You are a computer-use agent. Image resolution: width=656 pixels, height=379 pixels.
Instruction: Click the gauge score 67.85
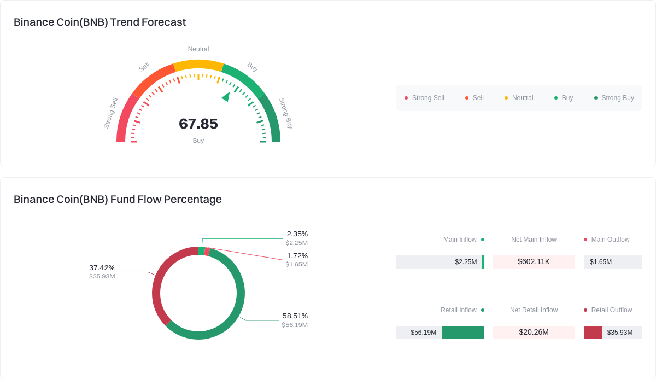[198, 124]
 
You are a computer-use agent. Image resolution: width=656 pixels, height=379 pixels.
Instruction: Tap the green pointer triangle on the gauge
[226, 97]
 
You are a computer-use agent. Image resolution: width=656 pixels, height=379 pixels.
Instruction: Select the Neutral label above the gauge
[198, 49]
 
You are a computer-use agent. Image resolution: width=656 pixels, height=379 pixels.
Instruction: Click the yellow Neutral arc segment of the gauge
[198, 65]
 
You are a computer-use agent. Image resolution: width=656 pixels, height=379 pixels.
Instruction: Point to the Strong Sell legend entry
[424, 98]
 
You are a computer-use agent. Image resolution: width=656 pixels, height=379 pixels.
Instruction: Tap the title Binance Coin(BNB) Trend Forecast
[99, 22]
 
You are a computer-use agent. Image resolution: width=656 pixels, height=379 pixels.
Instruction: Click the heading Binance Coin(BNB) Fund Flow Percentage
[118, 200]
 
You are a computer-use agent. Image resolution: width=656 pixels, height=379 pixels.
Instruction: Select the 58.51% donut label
[295, 316]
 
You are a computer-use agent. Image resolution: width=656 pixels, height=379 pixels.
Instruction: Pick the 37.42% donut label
[102, 268]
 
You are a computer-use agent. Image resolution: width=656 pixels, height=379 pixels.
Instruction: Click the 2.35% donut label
[297, 234]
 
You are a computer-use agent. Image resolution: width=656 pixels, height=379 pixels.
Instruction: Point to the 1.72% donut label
[297, 256]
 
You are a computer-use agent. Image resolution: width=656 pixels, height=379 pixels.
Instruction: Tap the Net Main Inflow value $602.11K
[534, 262]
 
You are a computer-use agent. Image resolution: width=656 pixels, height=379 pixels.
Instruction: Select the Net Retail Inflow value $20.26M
[534, 333]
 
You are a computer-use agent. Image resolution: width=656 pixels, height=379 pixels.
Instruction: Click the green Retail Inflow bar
[462, 333]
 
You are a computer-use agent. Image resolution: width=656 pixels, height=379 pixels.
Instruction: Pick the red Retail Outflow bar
[593, 333]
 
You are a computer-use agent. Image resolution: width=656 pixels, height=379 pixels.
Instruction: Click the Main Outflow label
[610, 240]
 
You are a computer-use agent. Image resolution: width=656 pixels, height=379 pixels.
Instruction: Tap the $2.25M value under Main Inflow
[466, 262]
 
